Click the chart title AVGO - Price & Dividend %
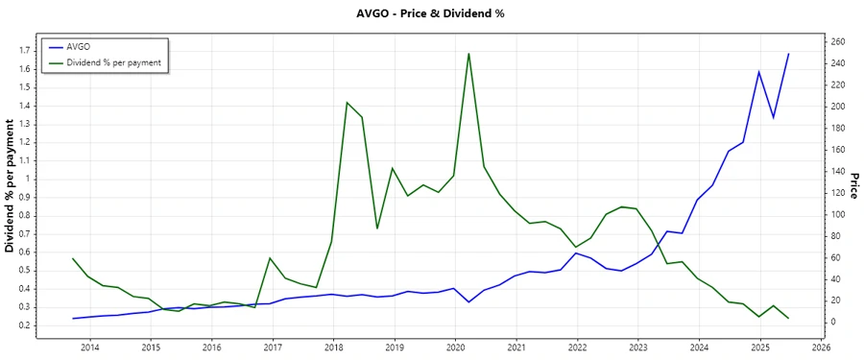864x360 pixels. pos(431,13)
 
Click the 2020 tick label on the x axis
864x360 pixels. pos(455,347)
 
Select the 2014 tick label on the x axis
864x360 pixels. pos(89,347)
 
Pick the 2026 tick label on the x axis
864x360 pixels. pos(821,347)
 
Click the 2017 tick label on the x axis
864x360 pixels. pos(273,347)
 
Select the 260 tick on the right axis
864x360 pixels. pos(839,41)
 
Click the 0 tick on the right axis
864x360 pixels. pos(833,322)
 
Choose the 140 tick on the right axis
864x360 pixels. pos(839,171)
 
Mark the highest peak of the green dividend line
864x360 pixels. pos(468,53)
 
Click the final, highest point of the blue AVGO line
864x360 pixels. pos(789,54)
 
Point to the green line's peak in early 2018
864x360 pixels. pos(347,102)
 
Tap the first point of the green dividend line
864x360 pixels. pos(73,258)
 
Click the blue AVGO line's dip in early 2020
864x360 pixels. pos(468,302)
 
